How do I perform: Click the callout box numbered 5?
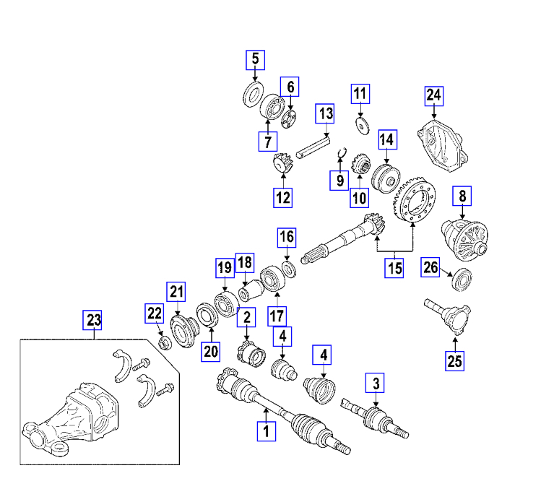point(255,59)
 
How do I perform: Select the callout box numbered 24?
point(433,95)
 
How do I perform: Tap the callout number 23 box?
point(93,319)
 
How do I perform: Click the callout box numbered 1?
point(267,432)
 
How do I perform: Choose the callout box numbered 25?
point(454,359)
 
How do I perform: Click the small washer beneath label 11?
point(360,125)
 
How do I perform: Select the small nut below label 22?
point(163,342)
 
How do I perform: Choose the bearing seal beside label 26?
point(462,279)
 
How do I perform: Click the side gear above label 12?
point(282,165)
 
